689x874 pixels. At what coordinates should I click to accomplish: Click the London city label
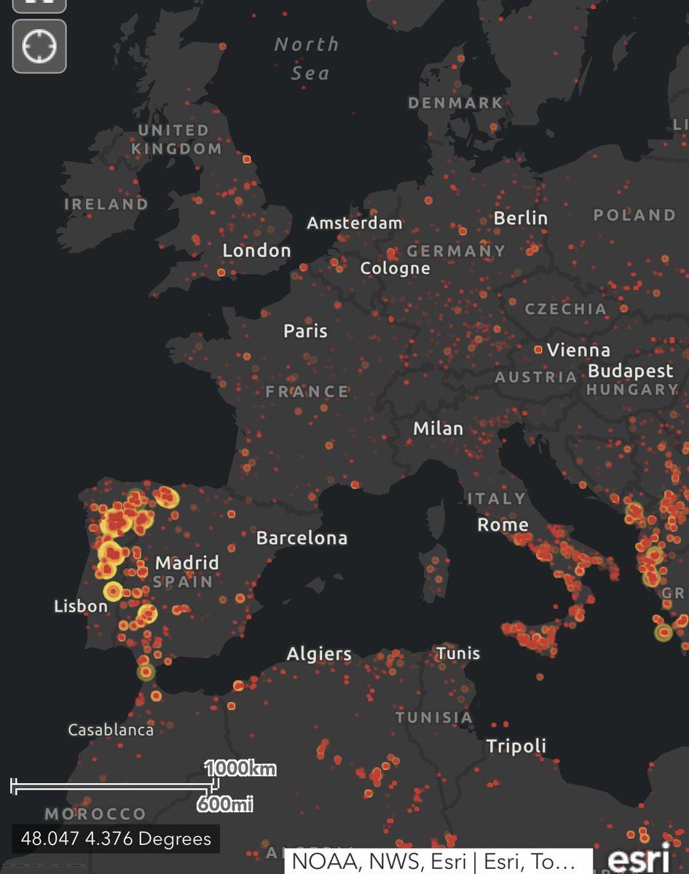pyautogui.click(x=256, y=251)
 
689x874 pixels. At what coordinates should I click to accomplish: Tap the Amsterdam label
pyautogui.click(x=354, y=223)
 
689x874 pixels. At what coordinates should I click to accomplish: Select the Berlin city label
pyautogui.click(x=520, y=218)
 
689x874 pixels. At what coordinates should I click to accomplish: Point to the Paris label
pyautogui.click(x=305, y=331)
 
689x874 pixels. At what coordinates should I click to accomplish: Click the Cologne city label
pyautogui.click(x=395, y=268)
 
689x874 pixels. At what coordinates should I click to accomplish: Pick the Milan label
pyautogui.click(x=438, y=428)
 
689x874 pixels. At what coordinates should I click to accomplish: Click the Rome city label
pyautogui.click(x=503, y=524)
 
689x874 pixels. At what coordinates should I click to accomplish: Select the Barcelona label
pyautogui.click(x=302, y=538)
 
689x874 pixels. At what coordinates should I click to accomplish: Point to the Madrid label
pyautogui.click(x=186, y=563)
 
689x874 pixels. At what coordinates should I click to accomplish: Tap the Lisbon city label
pyautogui.click(x=80, y=605)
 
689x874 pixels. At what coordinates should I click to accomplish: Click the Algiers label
pyautogui.click(x=319, y=653)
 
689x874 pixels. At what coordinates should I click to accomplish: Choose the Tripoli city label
pyautogui.click(x=516, y=746)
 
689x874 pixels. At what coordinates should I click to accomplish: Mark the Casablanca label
pyautogui.click(x=111, y=729)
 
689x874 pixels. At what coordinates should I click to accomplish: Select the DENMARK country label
pyautogui.click(x=455, y=103)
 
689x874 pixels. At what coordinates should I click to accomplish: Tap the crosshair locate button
pyautogui.click(x=39, y=47)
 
